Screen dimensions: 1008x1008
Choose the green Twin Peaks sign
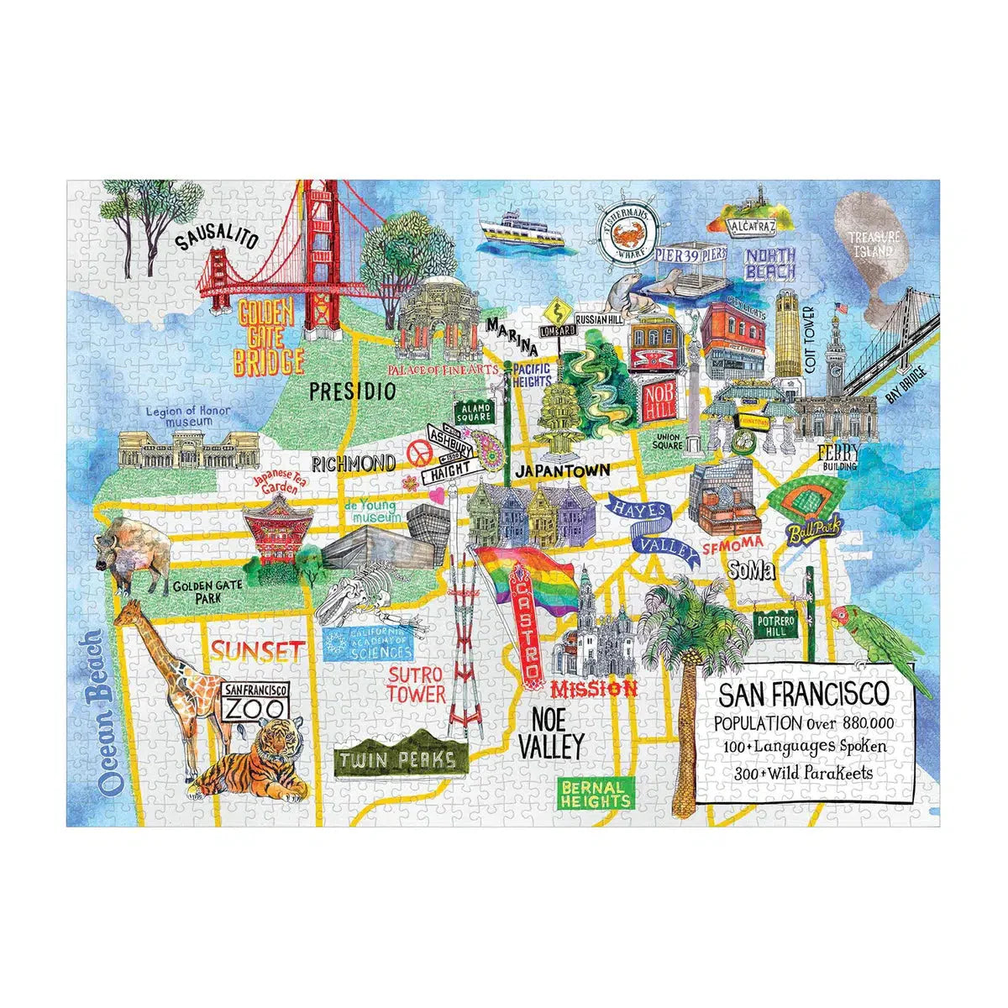[x=399, y=761]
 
